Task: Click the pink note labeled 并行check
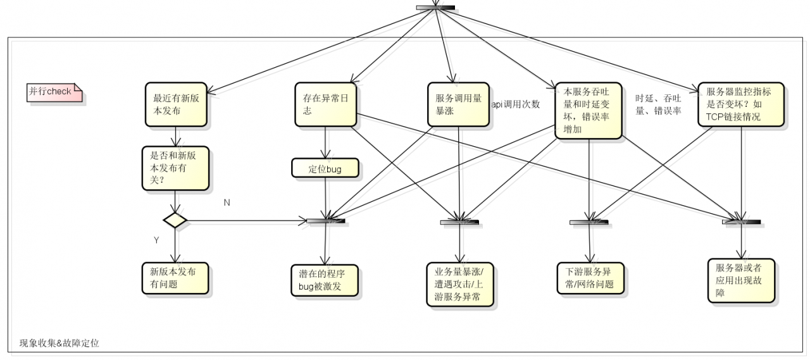pos(53,92)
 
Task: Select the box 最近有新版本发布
pos(175,104)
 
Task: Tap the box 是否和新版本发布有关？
pos(175,168)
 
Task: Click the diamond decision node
pos(175,220)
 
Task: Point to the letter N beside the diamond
pos(227,202)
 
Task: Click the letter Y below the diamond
pos(156,240)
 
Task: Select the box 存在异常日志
pos(325,104)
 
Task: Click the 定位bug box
pos(325,168)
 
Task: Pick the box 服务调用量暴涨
pos(458,104)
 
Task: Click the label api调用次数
pos(516,104)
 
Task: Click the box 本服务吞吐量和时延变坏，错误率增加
pos(589,111)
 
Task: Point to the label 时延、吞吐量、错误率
pos(658,104)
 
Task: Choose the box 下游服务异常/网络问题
pos(590,278)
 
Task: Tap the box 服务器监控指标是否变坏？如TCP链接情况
pos(740,104)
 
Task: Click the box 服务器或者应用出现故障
pos(741,280)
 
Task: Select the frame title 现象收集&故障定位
pos(59,343)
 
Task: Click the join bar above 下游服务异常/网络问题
pos(589,222)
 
